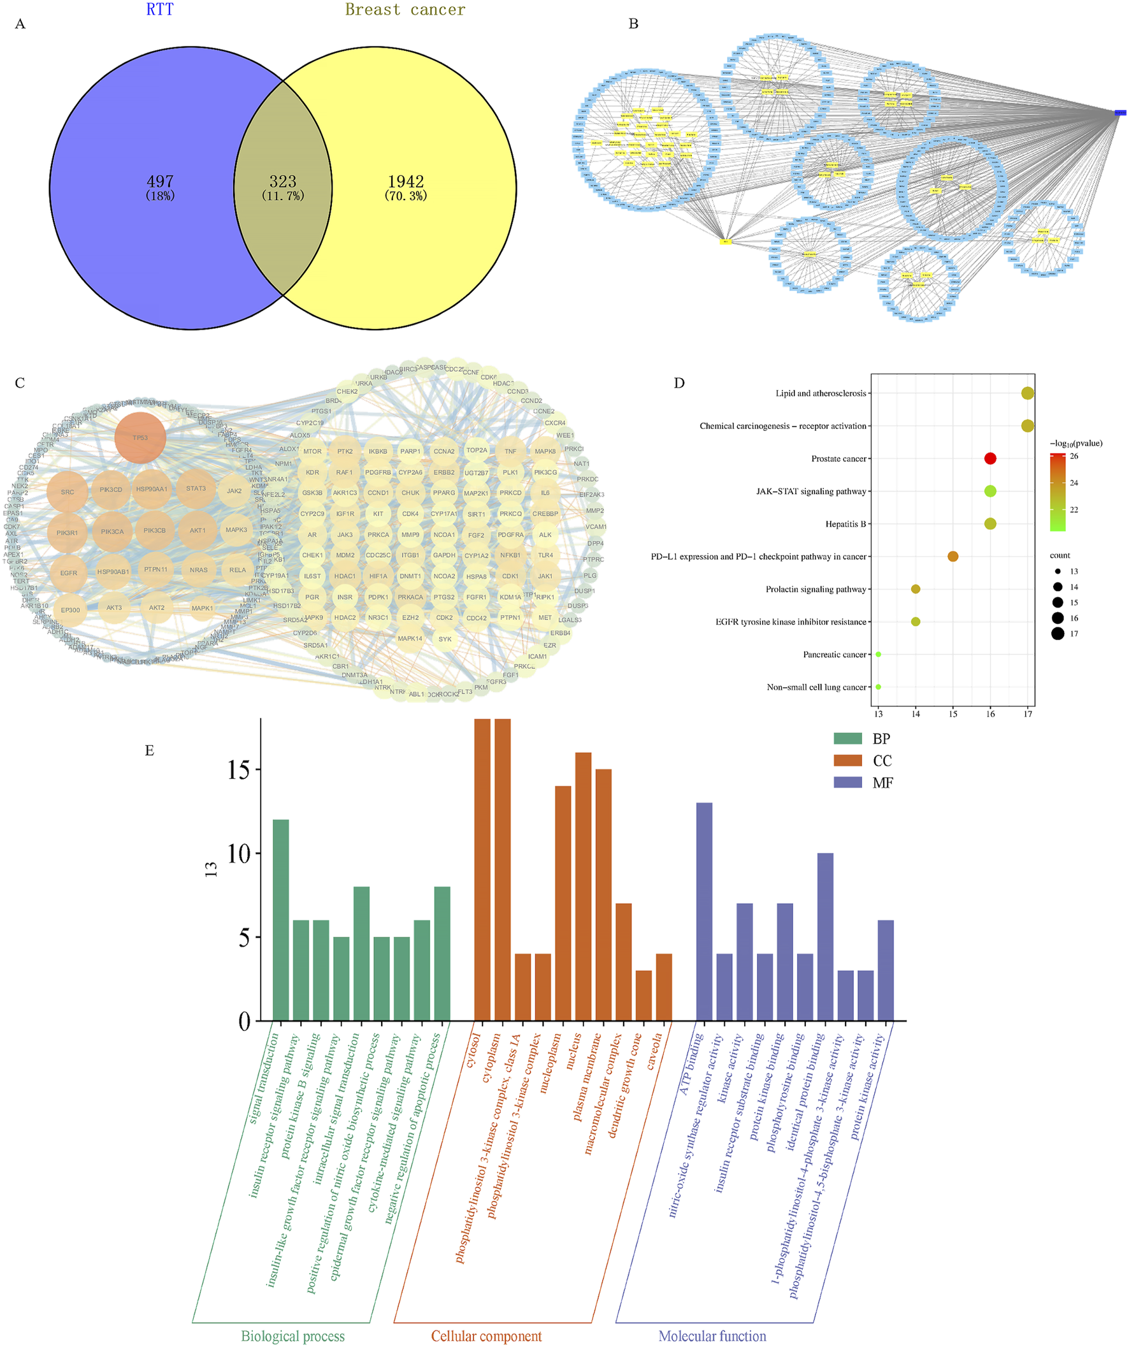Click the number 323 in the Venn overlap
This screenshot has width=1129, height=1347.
(283, 182)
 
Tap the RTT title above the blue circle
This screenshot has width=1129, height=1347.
(160, 10)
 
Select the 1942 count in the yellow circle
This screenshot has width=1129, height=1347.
(406, 182)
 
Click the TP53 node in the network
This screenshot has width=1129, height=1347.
(140, 437)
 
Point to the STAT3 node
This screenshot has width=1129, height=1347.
(196, 489)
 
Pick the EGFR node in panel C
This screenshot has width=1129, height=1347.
(69, 573)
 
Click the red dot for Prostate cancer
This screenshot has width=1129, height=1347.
(990, 458)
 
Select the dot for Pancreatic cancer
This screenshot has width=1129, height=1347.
(879, 654)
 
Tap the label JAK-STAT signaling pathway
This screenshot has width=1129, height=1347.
(811, 491)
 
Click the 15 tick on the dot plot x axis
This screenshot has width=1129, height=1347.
(953, 714)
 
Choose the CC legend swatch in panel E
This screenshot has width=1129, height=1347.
(847, 760)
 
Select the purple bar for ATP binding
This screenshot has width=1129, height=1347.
(704, 911)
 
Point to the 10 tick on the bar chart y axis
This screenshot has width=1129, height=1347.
(238, 854)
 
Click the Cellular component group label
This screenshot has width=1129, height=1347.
(486, 1336)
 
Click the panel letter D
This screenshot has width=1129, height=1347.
(679, 383)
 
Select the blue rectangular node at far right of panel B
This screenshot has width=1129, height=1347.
(1120, 113)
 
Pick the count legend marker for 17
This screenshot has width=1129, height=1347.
(1057, 634)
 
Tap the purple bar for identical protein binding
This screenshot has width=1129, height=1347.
(825, 936)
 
